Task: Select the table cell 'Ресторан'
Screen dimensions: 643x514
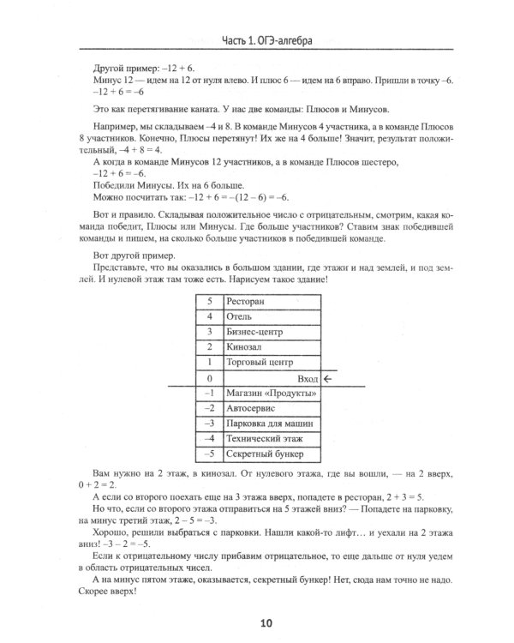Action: pyautogui.click(x=249, y=302)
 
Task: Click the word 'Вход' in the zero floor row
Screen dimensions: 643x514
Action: pyautogui.click(x=306, y=378)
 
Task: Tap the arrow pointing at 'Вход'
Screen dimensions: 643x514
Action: pyautogui.click(x=328, y=378)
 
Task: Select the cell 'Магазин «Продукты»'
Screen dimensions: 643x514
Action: pyautogui.click(x=268, y=393)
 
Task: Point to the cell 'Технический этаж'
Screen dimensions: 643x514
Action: pyautogui.click(x=263, y=438)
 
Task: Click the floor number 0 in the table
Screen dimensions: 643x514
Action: pyautogui.click(x=208, y=378)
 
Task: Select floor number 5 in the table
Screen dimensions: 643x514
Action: pyautogui.click(x=208, y=302)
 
